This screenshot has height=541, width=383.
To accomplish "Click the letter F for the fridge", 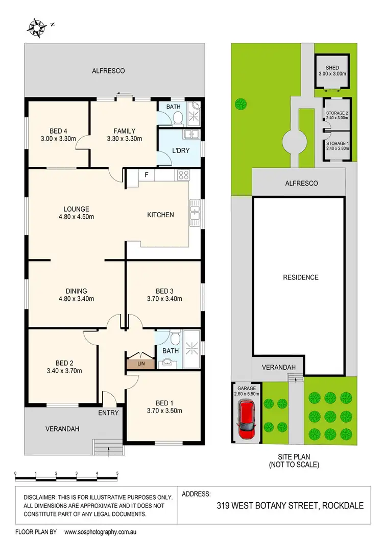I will [147, 175].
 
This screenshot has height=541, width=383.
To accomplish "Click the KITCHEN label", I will [160, 215].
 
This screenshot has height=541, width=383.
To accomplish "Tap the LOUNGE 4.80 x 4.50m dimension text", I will [76, 217].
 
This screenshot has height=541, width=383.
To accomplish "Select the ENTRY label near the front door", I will [108, 413].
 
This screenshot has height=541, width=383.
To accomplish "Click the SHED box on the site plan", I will [332, 71].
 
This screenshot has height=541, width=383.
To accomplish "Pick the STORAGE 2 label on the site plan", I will [337, 113].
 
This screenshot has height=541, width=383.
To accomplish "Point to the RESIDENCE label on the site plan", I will [301, 277].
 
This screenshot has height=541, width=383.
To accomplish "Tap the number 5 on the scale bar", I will [117, 474].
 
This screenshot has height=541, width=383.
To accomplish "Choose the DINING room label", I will [76, 291].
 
